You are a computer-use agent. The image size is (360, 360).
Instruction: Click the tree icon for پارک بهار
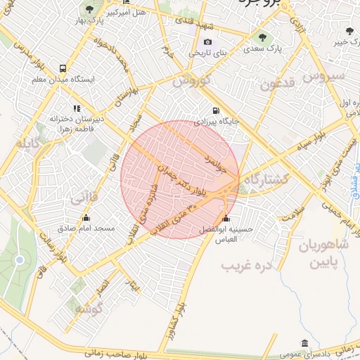click(89, 9)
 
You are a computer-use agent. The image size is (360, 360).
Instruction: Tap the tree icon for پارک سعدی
click(262, 37)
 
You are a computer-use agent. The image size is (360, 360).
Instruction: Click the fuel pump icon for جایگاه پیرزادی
click(215, 110)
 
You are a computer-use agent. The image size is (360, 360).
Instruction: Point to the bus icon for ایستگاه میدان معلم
click(63, 69)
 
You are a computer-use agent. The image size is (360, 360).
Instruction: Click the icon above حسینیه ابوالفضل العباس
click(225, 219)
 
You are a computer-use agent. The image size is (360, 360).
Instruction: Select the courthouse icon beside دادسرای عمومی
click(304, 343)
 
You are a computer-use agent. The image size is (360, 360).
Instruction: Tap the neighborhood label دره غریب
click(247, 266)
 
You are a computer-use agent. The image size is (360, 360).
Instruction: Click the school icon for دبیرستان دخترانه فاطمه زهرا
click(76, 108)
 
